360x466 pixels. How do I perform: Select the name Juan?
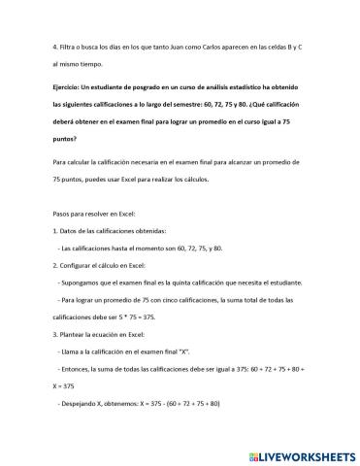189,47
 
